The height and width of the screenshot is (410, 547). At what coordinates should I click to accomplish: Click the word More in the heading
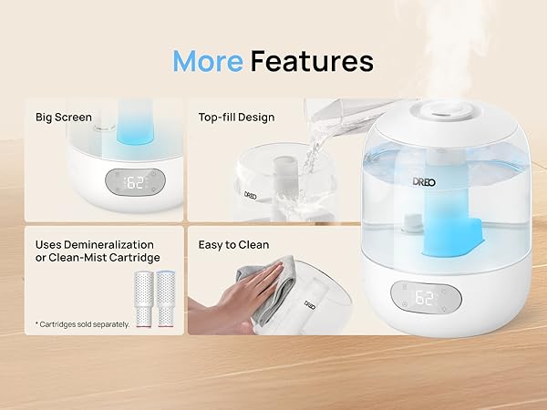pyautogui.click(x=207, y=61)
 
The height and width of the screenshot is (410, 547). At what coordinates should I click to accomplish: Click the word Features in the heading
pyautogui.click(x=312, y=61)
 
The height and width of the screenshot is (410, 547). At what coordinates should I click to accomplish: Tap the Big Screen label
pyautogui.click(x=64, y=117)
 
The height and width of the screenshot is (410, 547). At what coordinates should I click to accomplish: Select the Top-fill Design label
pyautogui.click(x=236, y=117)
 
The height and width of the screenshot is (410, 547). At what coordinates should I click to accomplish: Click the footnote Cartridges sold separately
pyautogui.click(x=83, y=323)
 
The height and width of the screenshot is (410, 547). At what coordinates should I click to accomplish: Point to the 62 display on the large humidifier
pyautogui.click(x=426, y=297)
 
